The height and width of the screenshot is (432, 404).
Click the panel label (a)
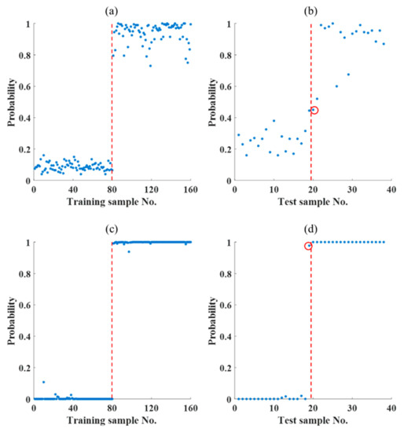tap(112, 8)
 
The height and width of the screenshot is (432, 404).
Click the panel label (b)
tap(312, 8)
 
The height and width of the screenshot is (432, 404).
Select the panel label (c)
tap(112, 227)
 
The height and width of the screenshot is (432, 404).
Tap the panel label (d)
tap(312, 227)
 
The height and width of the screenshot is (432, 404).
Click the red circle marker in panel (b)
tap(314, 111)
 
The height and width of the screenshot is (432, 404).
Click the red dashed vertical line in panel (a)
tap(112, 102)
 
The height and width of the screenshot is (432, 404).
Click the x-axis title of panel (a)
tap(112, 202)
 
